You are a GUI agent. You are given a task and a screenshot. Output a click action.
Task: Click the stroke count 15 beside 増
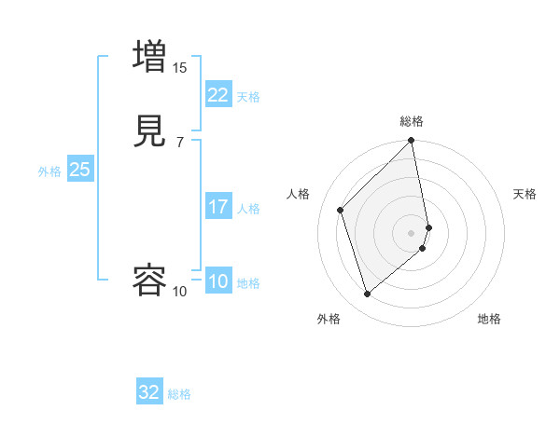pos(180,67)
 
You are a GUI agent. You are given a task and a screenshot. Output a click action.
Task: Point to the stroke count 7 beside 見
pos(180,142)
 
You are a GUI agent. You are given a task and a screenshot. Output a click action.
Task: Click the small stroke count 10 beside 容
pos(180,292)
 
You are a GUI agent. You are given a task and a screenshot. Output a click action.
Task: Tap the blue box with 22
pos(217,94)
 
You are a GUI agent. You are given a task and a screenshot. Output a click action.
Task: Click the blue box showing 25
pos(79,170)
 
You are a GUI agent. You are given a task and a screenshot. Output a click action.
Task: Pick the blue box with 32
pos(149,392)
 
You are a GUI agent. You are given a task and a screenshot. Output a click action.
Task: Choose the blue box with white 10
pos(217,281)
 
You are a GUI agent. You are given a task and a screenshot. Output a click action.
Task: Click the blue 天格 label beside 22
pos(248,97)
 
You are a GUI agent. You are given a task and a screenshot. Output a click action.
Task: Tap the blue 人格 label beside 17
pos(248,209)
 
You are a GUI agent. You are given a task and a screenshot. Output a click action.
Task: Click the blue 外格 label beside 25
pos(49,171)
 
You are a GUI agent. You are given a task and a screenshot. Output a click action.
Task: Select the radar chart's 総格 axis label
pos(412,121)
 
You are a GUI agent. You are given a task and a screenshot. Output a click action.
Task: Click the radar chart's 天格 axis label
pos(525,194)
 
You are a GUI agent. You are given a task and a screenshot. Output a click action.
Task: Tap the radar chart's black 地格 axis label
pos(489,319)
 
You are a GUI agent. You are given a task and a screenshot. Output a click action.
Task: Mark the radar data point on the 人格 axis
pos(341,209)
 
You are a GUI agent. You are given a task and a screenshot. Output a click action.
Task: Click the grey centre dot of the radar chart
pos(412,231)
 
